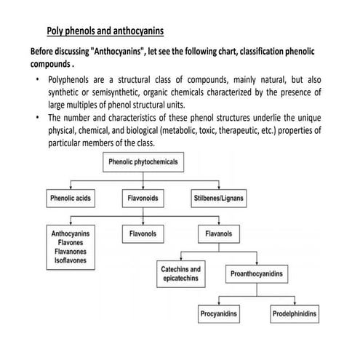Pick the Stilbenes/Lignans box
[219, 198]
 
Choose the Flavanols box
[219, 234]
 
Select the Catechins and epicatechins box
[180, 274]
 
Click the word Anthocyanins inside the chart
[70, 234]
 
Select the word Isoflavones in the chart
[70, 260]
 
